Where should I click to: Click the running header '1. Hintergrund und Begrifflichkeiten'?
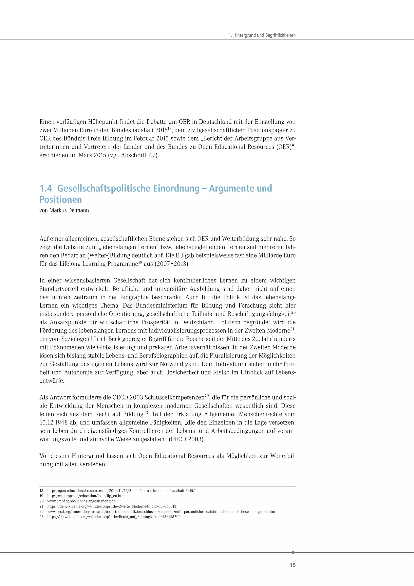pyautogui.click(x=262, y=35)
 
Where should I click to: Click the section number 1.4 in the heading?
pyautogui.click(x=46, y=188)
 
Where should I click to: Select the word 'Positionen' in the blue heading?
pyautogui.click(x=61, y=199)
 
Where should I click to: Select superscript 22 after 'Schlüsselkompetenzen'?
pyautogui.click(x=207, y=396)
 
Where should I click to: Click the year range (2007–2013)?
pyautogui.click(x=172, y=264)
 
